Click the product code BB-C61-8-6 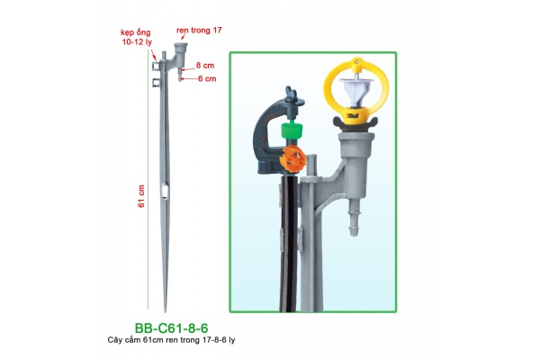[x=171, y=328]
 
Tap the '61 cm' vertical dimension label [x=141, y=196]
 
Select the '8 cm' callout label [x=205, y=66]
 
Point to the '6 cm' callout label [x=207, y=79]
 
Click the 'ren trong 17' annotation [x=199, y=31]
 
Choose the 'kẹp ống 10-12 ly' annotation [x=137, y=37]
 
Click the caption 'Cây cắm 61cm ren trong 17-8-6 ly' [x=171, y=340]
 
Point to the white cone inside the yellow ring [x=355, y=91]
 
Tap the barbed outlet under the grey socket [x=354, y=218]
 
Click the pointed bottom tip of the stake [x=166, y=311]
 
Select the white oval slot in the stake [x=166, y=192]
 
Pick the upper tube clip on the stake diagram [x=155, y=66]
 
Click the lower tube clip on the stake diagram [x=156, y=83]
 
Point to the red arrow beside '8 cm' [x=187, y=68]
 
